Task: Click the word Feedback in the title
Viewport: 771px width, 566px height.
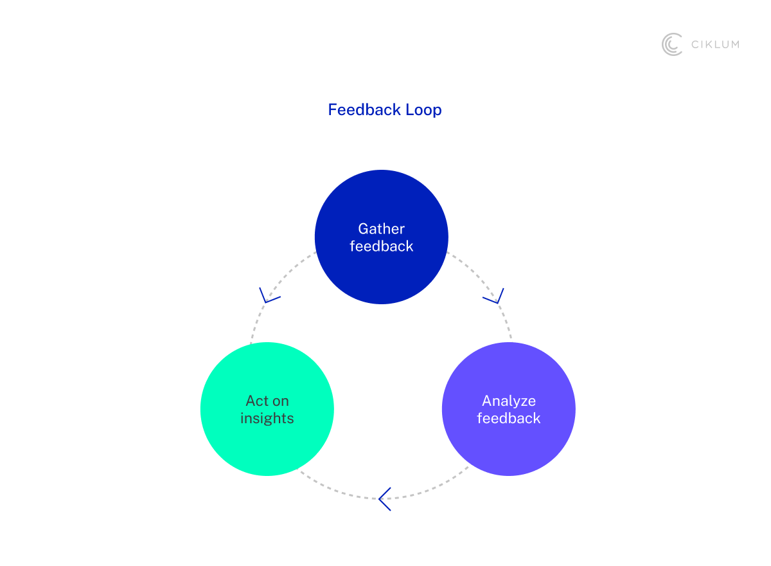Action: (364, 110)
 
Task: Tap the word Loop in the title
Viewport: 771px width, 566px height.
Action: (423, 110)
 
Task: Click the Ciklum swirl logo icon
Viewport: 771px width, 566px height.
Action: (672, 44)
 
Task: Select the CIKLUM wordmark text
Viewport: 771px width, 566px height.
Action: (715, 44)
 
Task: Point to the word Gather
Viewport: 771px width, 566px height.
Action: (382, 229)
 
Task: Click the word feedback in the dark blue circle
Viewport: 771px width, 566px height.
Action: (382, 246)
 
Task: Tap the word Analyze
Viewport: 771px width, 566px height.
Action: (509, 401)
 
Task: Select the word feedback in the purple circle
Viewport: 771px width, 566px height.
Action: (509, 419)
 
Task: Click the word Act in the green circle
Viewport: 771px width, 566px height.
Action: (256, 401)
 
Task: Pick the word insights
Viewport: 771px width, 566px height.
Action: (267, 419)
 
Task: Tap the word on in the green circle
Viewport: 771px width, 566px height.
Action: (280, 401)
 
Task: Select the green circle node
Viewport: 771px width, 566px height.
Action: (267, 444)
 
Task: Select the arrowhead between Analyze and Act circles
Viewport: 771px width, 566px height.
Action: (384, 499)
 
